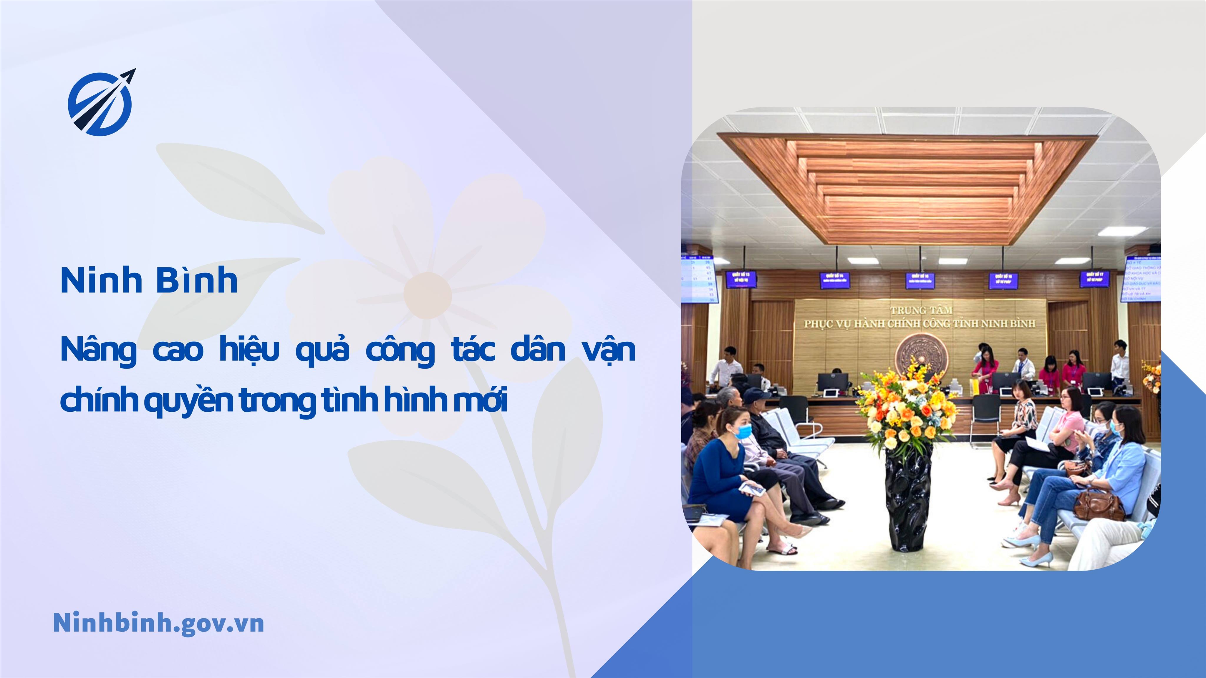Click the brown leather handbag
point(1098,505)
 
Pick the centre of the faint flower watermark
point(427,295)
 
